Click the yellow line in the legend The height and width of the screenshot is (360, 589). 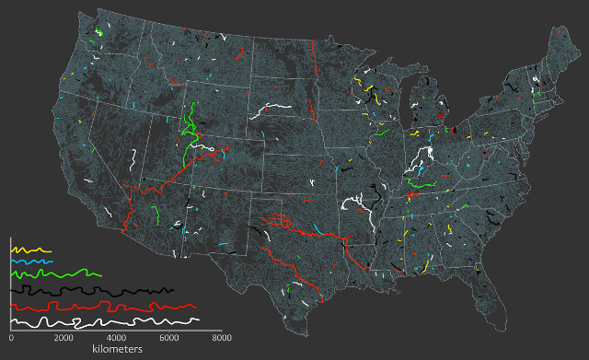pyautogui.click(x=29, y=249)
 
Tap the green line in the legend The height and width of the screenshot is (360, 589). pyautogui.click(x=55, y=273)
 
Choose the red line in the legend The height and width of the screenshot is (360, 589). pyautogui.click(x=101, y=306)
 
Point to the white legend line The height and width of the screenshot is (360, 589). pyautogui.click(x=101, y=322)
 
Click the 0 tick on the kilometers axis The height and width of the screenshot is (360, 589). pyautogui.click(x=10, y=339)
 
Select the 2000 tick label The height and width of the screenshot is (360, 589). pyautogui.click(x=63, y=339)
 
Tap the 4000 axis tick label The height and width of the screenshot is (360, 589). pyautogui.click(x=116, y=339)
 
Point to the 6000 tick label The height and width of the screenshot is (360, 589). pyautogui.click(x=168, y=339)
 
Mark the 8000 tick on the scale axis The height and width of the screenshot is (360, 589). pyautogui.click(x=221, y=339)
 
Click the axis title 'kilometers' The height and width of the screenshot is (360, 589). pyautogui.click(x=116, y=351)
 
